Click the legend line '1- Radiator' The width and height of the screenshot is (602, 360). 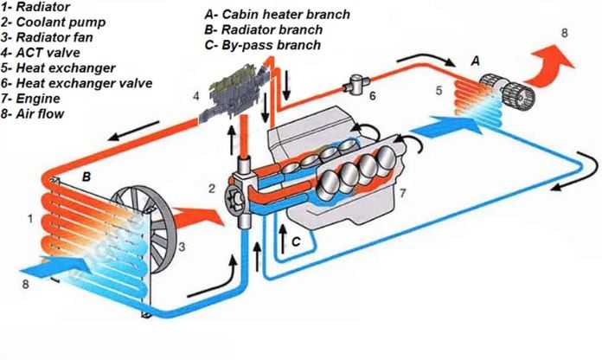click(x=38, y=8)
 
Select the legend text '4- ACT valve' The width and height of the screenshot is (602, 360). click(x=43, y=53)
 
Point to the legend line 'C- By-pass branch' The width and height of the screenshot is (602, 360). click(x=262, y=44)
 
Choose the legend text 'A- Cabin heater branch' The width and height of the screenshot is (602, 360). click(x=277, y=15)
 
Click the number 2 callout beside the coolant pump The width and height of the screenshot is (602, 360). click(x=211, y=189)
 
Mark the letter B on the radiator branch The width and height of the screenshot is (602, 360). click(x=86, y=176)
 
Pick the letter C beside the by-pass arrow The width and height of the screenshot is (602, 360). click(x=296, y=243)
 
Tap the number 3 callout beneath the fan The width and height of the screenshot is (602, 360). click(x=183, y=247)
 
